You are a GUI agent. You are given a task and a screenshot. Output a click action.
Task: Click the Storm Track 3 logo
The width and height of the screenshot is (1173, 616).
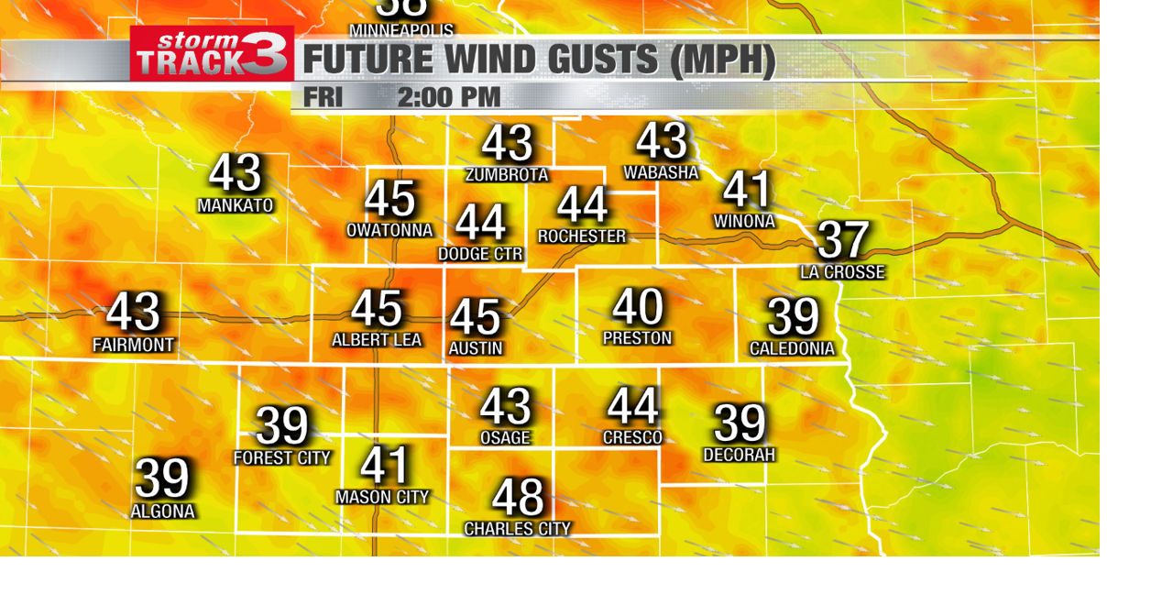(x=212, y=53)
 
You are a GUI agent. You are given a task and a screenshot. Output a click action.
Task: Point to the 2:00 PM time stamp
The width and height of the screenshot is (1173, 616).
(x=449, y=97)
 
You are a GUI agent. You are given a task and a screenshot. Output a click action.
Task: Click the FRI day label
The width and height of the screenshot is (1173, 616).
(x=323, y=97)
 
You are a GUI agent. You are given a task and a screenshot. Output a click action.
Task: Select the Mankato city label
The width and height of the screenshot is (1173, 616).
(x=236, y=205)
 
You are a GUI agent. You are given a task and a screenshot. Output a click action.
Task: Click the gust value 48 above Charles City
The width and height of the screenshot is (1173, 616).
(x=518, y=498)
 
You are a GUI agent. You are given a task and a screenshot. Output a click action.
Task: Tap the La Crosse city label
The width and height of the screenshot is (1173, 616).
(x=842, y=272)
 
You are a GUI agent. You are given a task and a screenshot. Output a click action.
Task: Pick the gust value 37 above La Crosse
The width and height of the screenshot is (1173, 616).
(x=842, y=240)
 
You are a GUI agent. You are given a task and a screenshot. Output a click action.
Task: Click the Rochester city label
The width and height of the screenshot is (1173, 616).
(x=582, y=236)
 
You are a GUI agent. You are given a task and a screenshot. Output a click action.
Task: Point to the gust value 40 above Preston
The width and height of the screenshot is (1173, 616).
(x=638, y=307)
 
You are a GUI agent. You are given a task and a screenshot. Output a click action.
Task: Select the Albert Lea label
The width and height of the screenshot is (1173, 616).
(x=377, y=340)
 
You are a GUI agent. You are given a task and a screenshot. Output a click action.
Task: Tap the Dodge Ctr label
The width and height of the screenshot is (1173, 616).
(x=480, y=254)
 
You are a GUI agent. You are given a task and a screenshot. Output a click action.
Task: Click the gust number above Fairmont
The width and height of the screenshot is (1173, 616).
(x=134, y=312)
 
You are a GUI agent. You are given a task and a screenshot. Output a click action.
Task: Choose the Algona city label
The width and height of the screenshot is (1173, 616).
(x=163, y=511)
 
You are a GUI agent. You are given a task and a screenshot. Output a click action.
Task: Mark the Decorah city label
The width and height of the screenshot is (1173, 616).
(x=740, y=455)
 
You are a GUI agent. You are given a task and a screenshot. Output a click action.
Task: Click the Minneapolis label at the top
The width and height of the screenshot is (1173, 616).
(x=401, y=30)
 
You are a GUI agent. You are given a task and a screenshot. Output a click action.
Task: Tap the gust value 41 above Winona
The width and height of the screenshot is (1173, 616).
(x=747, y=191)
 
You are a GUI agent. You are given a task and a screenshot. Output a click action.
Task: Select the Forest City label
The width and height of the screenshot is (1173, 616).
(x=282, y=457)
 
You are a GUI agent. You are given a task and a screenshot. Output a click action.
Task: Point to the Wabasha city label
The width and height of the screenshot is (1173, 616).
(x=661, y=172)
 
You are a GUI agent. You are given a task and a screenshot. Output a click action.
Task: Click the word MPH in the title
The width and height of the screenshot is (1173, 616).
(x=724, y=60)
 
